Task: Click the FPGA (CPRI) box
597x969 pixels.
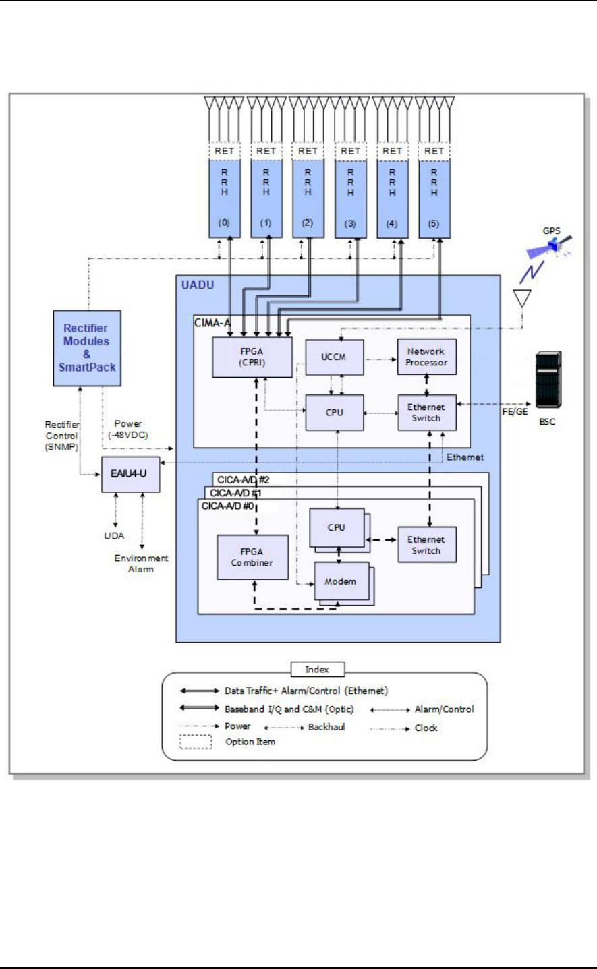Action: pyautogui.click(x=252, y=357)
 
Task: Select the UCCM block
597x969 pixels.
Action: pyautogui.click(x=335, y=357)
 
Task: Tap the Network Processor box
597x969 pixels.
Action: pyautogui.click(x=426, y=357)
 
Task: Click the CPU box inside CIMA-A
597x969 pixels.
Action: pyautogui.click(x=335, y=413)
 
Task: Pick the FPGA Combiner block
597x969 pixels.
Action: pyautogui.click(x=252, y=557)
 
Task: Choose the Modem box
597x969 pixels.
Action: pyautogui.click(x=341, y=581)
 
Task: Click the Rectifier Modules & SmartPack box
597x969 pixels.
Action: pyautogui.click(x=87, y=348)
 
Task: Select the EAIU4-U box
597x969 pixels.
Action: pyautogui.click(x=130, y=473)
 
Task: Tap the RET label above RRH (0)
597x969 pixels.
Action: pyautogui.click(x=225, y=151)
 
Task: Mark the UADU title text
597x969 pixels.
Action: pyautogui.click(x=198, y=285)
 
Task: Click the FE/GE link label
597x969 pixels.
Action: pyautogui.click(x=515, y=411)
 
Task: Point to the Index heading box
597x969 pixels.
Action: pyautogui.click(x=317, y=670)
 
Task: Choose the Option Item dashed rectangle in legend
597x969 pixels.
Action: pyautogui.click(x=196, y=742)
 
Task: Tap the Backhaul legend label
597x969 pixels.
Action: pyautogui.click(x=326, y=727)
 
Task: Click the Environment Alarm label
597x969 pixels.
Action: pyautogui.click(x=141, y=564)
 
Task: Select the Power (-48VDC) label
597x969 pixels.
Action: pyautogui.click(x=128, y=430)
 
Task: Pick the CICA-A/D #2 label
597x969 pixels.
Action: pyautogui.click(x=244, y=480)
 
